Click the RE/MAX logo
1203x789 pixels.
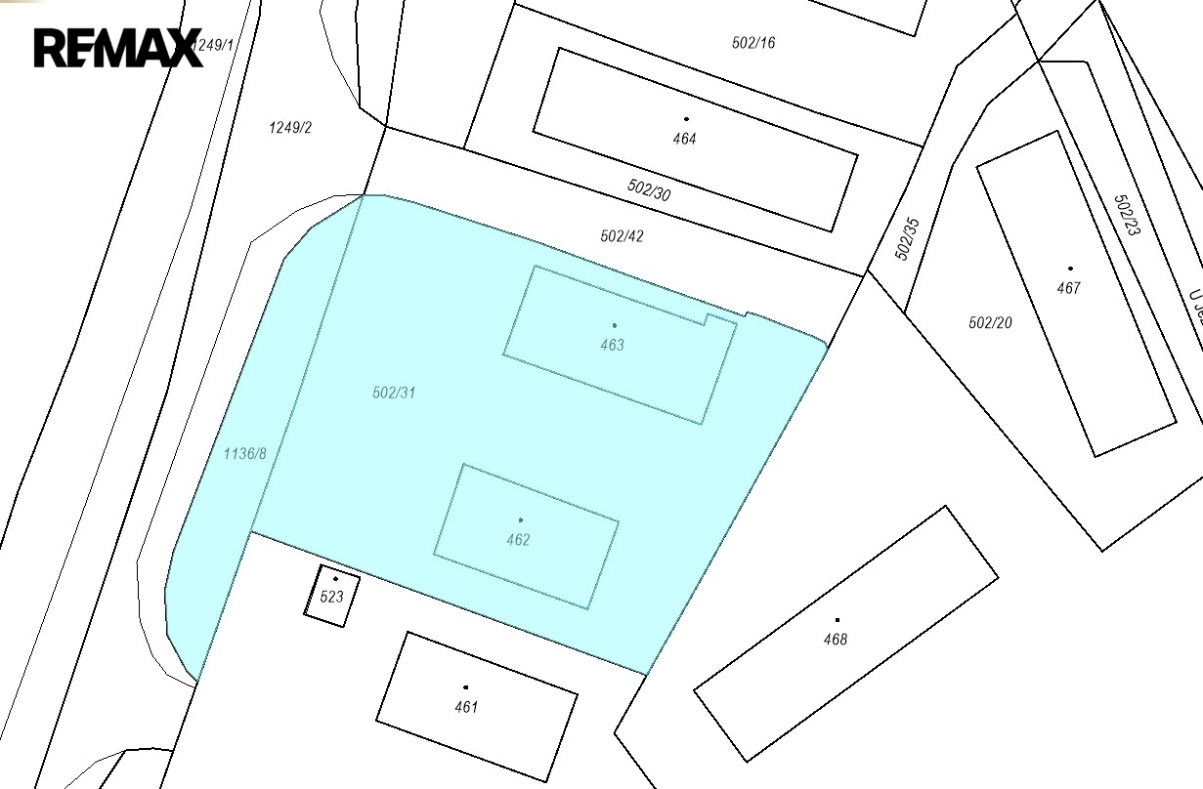pyautogui.click(x=118, y=47)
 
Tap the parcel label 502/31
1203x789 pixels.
pyautogui.click(x=395, y=393)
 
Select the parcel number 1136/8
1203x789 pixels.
pyautogui.click(x=244, y=453)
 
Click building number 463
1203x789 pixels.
pyautogui.click(x=613, y=345)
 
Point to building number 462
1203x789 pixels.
pyautogui.click(x=518, y=540)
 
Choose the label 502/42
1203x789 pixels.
pyautogui.click(x=623, y=236)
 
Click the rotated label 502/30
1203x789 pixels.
pyautogui.click(x=649, y=189)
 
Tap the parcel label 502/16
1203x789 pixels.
pyautogui.click(x=753, y=43)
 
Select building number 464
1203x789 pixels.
pyautogui.click(x=684, y=139)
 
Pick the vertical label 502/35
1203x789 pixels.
pyautogui.click(x=908, y=238)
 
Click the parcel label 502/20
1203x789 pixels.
pyautogui.click(x=990, y=322)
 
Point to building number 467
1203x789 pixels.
pyautogui.click(x=1069, y=288)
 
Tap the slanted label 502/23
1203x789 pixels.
pyautogui.click(x=1127, y=215)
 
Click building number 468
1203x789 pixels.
pyautogui.click(x=836, y=640)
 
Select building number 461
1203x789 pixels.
pyautogui.click(x=466, y=707)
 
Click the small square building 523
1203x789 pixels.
pyautogui.click(x=332, y=596)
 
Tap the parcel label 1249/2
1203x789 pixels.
pyautogui.click(x=290, y=128)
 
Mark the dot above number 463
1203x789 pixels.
pyautogui.click(x=614, y=325)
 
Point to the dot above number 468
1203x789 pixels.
pyautogui.click(x=837, y=619)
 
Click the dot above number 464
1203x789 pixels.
pyautogui.click(x=686, y=119)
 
